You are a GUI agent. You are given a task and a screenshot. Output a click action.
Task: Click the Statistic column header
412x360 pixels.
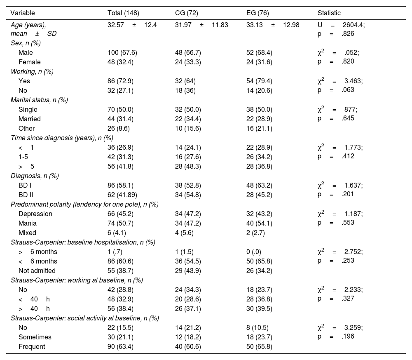click(x=329, y=13)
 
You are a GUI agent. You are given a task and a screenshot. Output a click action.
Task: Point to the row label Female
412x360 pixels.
click(x=30, y=62)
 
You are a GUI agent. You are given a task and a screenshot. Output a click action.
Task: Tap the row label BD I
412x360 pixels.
click(x=26, y=185)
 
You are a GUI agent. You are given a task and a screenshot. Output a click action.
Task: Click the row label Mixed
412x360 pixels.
click(x=27, y=233)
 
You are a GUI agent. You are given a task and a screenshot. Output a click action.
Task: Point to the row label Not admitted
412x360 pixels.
click(x=37, y=271)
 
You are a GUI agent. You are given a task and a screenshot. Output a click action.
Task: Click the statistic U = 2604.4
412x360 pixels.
click(x=341, y=25)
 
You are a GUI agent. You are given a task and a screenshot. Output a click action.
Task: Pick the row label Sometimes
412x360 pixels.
click(x=35, y=337)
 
